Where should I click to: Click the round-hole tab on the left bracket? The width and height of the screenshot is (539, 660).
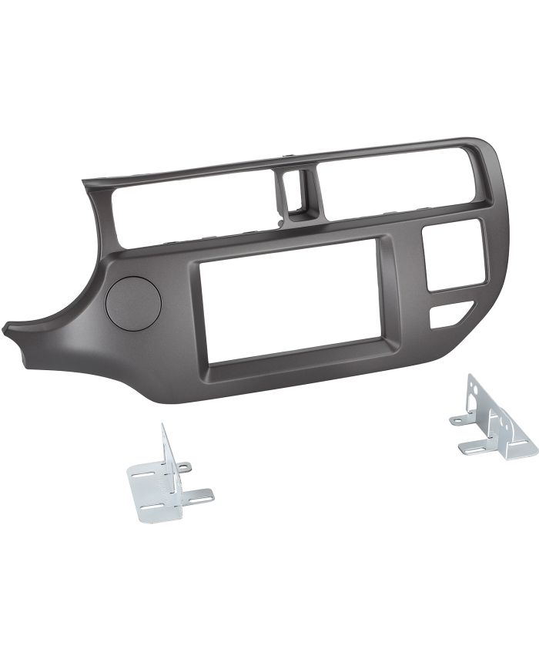(183, 465)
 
